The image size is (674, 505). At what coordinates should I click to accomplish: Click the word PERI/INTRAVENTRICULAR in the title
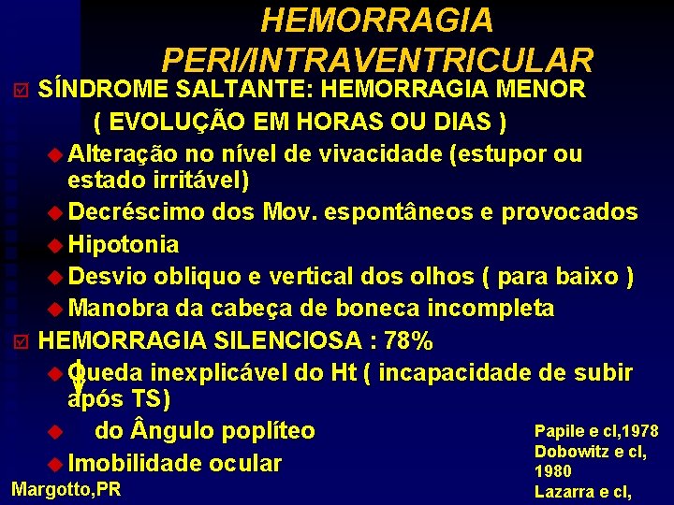coord(377,59)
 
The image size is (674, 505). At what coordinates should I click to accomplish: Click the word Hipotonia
coord(124,245)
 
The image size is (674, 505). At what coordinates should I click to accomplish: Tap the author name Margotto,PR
coord(66,488)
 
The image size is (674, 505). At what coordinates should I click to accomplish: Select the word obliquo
coord(199,277)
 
